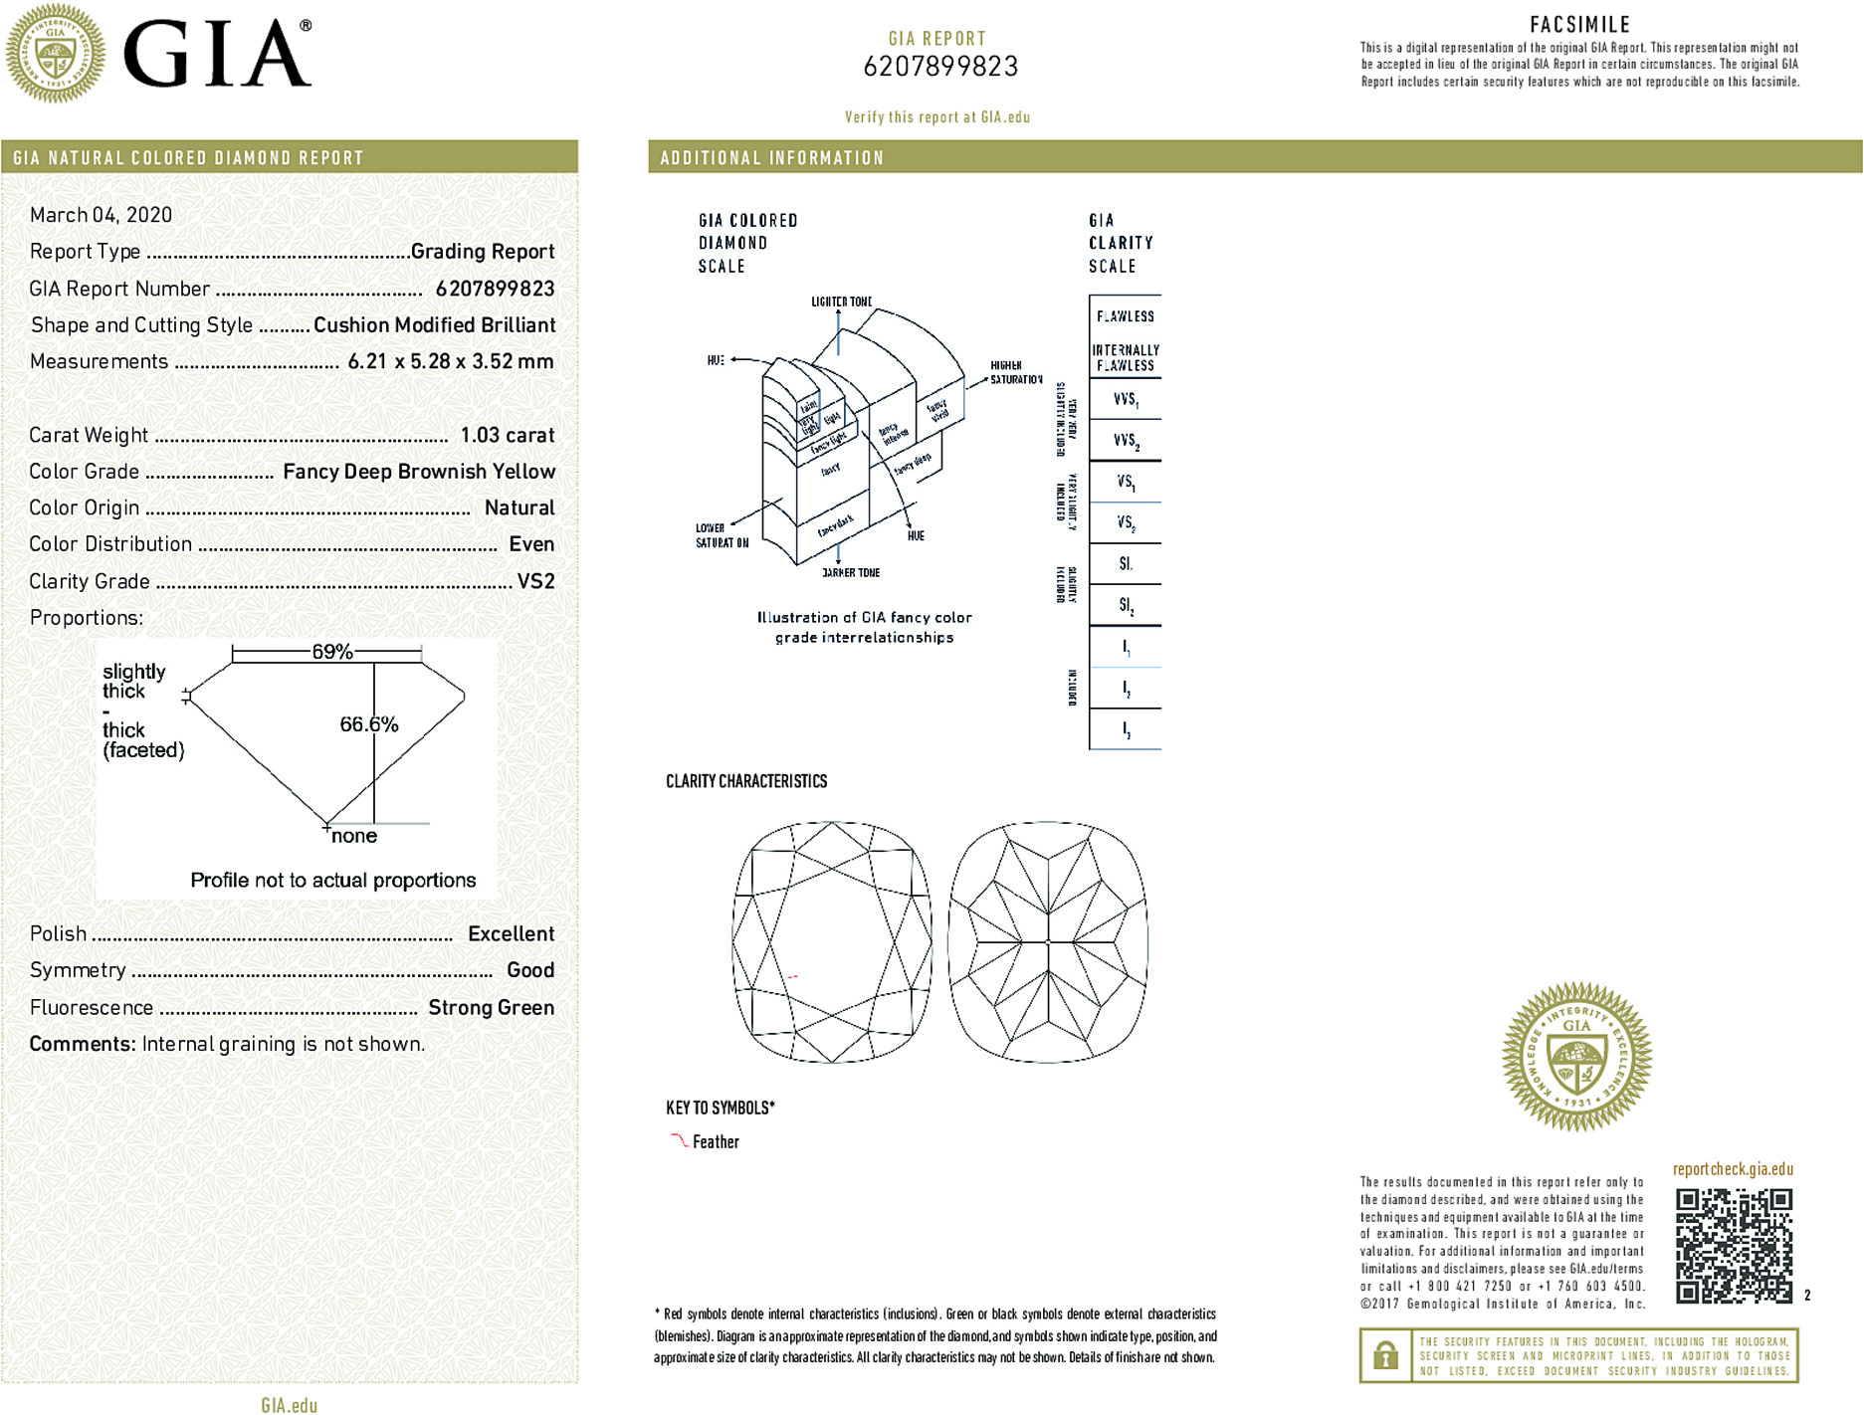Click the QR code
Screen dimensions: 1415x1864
(x=1734, y=1245)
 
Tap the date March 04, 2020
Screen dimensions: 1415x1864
(x=101, y=215)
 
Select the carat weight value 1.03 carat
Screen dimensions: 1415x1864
(x=507, y=435)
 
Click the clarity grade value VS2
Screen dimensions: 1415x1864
(x=535, y=581)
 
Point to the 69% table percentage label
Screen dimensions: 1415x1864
(x=331, y=652)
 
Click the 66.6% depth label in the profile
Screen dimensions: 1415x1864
(x=368, y=724)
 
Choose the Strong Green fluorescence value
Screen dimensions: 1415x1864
(x=491, y=1007)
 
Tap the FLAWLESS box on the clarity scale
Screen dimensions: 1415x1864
(x=1125, y=316)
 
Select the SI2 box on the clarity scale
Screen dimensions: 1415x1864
(x=1126, y=605)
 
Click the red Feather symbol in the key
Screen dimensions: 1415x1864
(x=679, y=1140)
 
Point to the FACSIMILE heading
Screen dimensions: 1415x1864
(x=1579, y=25)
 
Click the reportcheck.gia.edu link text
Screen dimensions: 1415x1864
(x=1733, y=1169)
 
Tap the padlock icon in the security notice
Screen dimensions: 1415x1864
(x=1384, y=1355)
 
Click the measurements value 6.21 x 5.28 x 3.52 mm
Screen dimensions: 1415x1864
(x=450, y=361)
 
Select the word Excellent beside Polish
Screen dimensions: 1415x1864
(x=511, y=933)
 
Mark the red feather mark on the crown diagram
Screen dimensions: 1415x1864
(x=793, y=977)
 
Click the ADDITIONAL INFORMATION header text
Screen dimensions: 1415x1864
(x=771, y=158)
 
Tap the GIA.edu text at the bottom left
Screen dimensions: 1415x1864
(x=289, y=1405)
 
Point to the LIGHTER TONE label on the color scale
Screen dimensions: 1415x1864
(x=841, y=302)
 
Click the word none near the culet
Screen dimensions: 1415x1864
(x=354, y=836)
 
